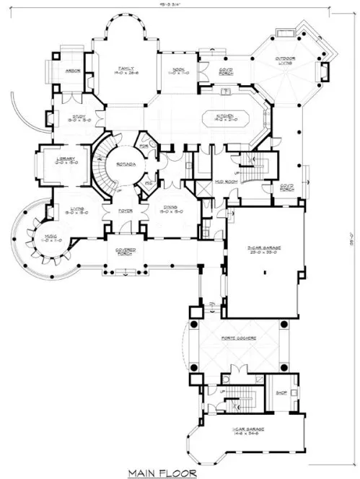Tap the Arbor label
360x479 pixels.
point(71,71)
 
